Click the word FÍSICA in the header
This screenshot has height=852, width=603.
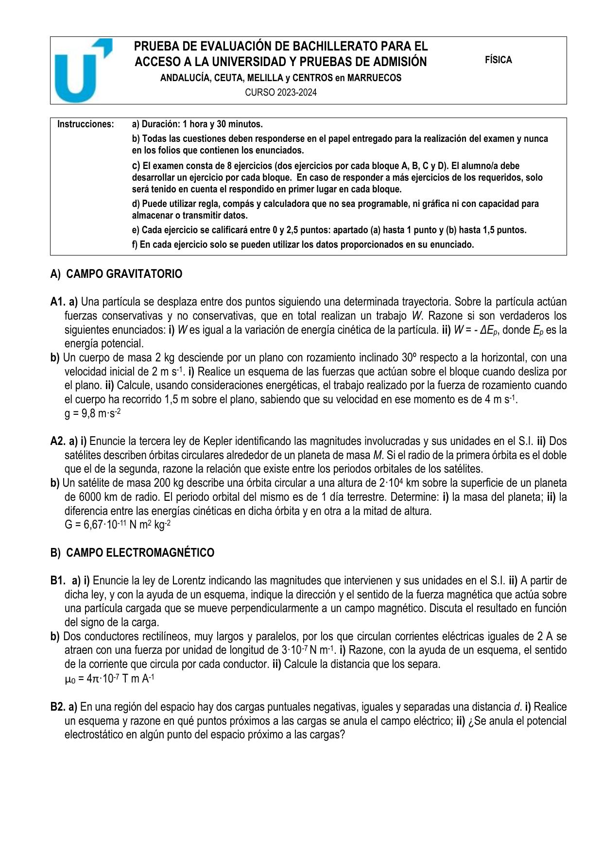[498, 60]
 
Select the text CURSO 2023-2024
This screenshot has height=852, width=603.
[280, 92]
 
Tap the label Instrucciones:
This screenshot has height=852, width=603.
[86, 124]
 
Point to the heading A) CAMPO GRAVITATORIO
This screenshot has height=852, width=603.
[116, 274]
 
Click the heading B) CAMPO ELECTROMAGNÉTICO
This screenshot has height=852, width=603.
[132, 553]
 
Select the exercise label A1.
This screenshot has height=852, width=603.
[57, 302]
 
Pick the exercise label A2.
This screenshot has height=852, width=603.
[57, 442]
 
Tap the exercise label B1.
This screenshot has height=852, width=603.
[57, 580]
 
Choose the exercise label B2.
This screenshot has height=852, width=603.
[57, 707]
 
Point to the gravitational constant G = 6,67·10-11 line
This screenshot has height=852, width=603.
[117, 525]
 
